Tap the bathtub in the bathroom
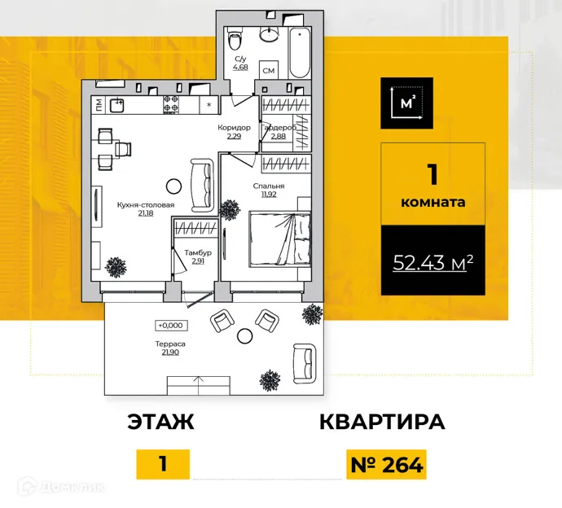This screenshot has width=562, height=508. pos(300,51)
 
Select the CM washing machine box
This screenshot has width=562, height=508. pos(270,72)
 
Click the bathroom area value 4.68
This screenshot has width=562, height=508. pos(241,68)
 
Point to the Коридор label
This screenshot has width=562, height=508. pos(234,128)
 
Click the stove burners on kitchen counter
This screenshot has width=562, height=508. pos(172,104)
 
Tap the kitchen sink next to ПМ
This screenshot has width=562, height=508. pos(117,104)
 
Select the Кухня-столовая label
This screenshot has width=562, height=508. pos(147,205)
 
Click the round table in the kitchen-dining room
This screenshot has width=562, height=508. pos(173,185)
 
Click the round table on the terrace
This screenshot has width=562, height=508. pos(244,335)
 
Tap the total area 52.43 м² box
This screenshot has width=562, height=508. pos(433,262)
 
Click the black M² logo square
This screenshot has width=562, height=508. pos(406,103)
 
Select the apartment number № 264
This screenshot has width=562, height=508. pos(386,465)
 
